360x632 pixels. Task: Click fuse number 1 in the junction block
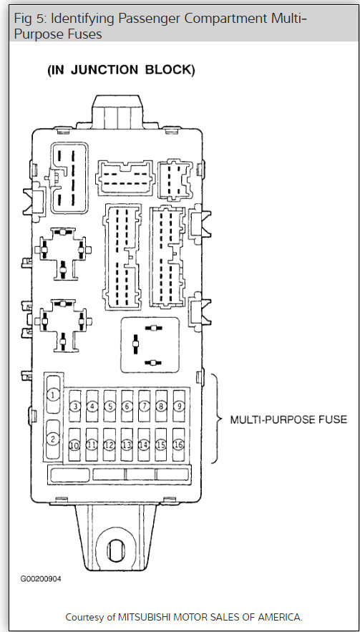[52, 394]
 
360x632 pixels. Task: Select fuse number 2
[52, 438]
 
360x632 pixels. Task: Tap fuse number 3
[75, 407]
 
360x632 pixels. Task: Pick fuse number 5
[110, 407]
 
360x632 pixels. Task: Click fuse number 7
[144, 407]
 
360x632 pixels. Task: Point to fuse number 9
[179, 407]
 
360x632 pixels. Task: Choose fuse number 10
[74, 444]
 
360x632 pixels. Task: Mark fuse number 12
[110, 444]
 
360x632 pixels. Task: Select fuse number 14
[144, 444]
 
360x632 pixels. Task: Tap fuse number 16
[179, 444]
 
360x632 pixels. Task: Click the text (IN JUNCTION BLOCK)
[121, 70]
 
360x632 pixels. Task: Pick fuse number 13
[127, 444]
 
